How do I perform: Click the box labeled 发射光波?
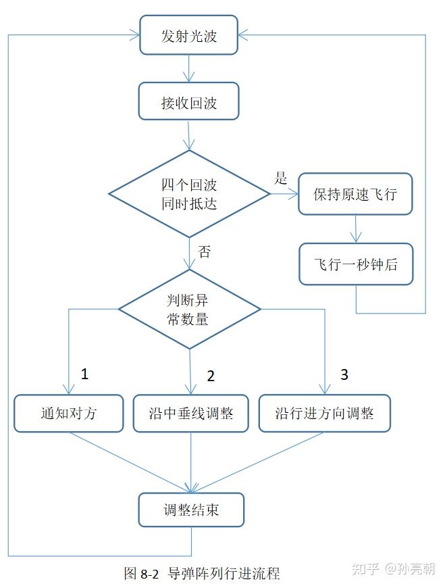(x=189, y=35)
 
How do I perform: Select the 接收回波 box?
(x=189, y=102)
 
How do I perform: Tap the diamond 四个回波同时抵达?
(x=190, y=194)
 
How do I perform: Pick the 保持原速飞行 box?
(x=355, y=195)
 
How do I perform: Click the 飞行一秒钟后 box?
(x=355, y=264)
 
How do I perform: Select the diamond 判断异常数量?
(x=190, y=310)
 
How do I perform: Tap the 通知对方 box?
(x=69, y=413)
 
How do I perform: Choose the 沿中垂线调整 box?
(x=191, y=413)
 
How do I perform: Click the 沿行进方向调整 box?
(x=325, y=413)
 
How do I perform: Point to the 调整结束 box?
(x=191, y=510)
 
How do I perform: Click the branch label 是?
(x=281, y=178)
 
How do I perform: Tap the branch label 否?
(x=205, y=251)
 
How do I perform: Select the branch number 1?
(x=84, y=374)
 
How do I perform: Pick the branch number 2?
(x=210, y=376)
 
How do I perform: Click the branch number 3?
(x=344, y=374)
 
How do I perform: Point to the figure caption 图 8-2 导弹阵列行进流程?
(x=203, y=573)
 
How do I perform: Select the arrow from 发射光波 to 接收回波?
(x=190, y=68)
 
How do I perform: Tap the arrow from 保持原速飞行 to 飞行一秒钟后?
(x=355, y=229)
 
